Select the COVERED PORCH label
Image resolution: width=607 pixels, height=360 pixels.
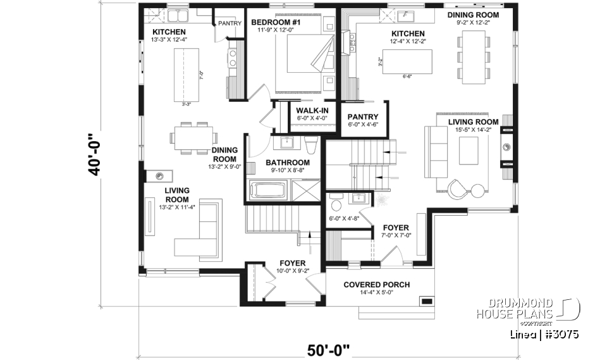coord(376,285)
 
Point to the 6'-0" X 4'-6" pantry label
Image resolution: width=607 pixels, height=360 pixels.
coord(363,125)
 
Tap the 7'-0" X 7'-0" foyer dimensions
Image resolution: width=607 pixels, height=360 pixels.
coord(396,236)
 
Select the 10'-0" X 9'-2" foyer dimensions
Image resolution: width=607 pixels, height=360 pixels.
coord(293,271)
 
